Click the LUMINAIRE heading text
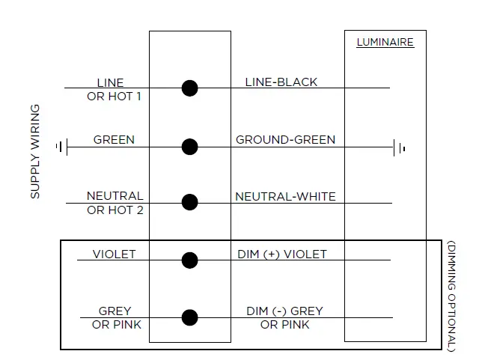(x=385, y=43)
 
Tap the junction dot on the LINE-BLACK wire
(x=190, y=88)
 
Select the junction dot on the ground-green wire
(x=190, y=147)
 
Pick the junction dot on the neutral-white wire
(x=190, y=202)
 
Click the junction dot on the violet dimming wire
(x=190, y=260)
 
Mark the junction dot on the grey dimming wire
(x=190, y=317)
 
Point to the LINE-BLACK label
(x=281, y=82)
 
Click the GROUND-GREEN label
(x=285, y=140)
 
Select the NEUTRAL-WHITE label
(x=285, y=197)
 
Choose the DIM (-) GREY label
(x=284, y=311)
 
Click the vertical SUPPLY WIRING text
(x=35, y=152)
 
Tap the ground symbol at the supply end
(x=61, y=147)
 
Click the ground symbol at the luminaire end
(x=399, y=147)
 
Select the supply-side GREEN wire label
(x=114, y=140)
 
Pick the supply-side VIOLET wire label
(x=114, y=254)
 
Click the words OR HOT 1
(x=114, y=96)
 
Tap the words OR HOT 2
(x=115, y=210)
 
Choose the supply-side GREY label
(x=115, y=311)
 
